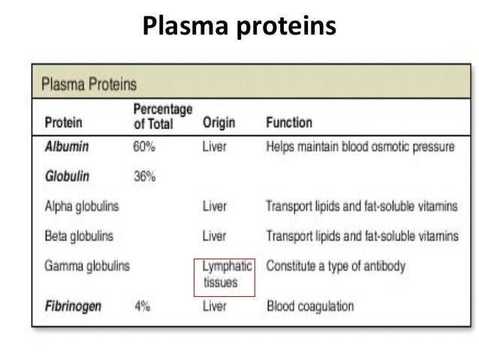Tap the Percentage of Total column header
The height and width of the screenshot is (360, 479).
pyautogui.click(x=160, y=116)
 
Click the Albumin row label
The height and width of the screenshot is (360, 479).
pyautogui.click(x=65, y=147)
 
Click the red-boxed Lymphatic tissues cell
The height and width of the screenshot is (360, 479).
pyautogui.click(x=225, y=274)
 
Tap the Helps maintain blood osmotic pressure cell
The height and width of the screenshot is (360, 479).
pyautogui.click(x=360, y=147)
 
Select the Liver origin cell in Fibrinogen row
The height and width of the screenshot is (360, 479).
pyautogui.click(x=215, y=307)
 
